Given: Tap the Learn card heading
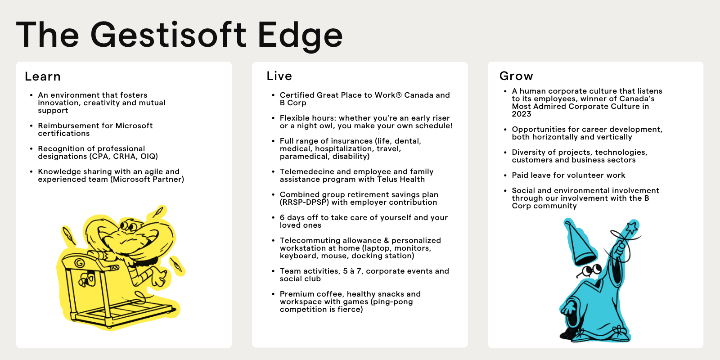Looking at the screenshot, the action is point(43,76).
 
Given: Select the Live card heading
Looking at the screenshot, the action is point(279,76).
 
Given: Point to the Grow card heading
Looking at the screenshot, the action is point(516,76).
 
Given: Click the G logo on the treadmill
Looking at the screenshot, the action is point(79,263).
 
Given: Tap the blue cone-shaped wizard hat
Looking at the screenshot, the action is point(580,243).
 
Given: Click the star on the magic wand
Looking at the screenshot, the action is point(632,228).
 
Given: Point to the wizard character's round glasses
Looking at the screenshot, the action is point(591,270).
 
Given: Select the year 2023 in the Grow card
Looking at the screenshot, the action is point(522,114).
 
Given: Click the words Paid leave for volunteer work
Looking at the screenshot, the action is point(568,175).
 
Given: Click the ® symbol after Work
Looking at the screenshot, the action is point(399,95).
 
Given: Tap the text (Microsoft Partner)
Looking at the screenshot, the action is point(147,180).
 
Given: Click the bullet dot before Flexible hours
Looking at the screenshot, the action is point(273,118).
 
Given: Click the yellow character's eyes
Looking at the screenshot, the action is point(129,225).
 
